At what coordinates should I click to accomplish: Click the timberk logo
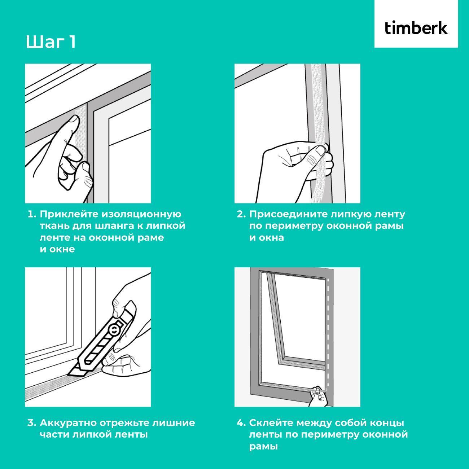coord(416,28)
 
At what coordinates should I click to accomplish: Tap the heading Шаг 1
coord(51,42)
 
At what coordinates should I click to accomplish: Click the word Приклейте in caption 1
coord(69,214)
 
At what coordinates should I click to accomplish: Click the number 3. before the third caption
coord(32,423)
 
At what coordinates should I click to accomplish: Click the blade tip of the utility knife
coord(68,375)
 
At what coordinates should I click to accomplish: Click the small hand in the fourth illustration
coord(319,397)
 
